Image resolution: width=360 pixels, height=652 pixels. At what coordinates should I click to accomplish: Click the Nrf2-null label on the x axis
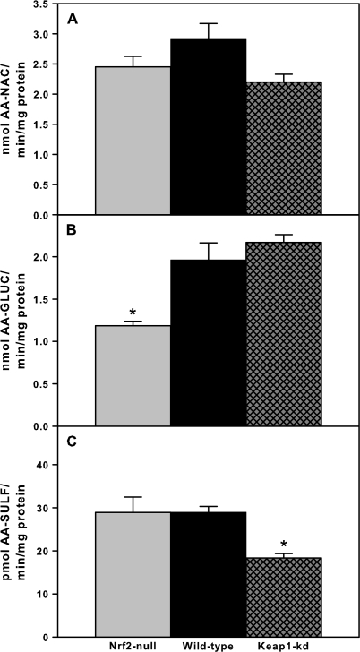pos(133,644)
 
